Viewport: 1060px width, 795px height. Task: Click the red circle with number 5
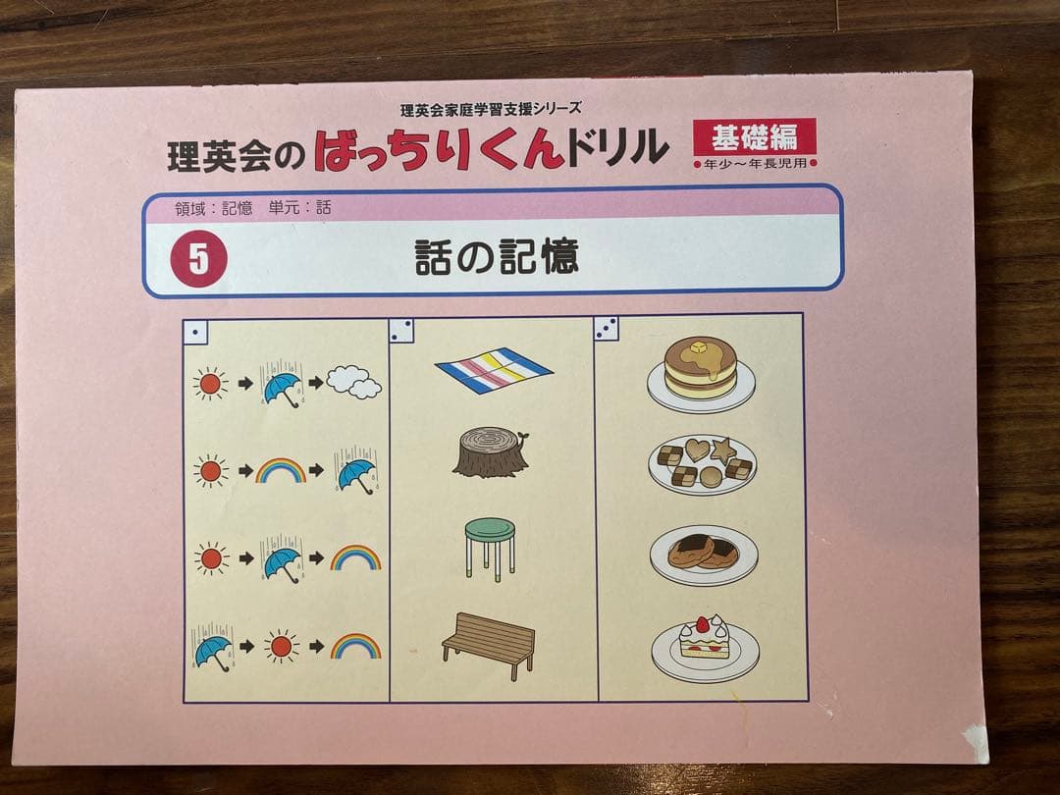pos(199,258)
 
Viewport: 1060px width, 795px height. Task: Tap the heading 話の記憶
pos(496,256)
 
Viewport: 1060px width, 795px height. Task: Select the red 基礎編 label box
pos(754,136)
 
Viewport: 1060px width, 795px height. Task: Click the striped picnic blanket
pos(494,370)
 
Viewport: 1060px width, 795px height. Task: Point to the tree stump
pos(490,453)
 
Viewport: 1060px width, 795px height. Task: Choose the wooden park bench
pos(489,644)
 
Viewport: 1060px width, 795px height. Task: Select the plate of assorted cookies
pos(702,462)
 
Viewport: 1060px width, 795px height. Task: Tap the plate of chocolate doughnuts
pos(703,552)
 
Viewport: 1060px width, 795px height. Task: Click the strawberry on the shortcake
pos(702,624)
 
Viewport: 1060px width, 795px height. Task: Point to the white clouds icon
pos(353,382)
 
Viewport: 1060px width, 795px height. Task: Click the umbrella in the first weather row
pos(282,386)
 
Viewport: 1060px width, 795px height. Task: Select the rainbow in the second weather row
pos(281,470)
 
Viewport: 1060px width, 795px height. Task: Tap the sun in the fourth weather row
pos(282,646)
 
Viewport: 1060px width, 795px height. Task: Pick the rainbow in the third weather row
pos(355,558)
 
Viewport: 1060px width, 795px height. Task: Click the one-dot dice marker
pos(196,333)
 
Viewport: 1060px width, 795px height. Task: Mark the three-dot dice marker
pos(607,329)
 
